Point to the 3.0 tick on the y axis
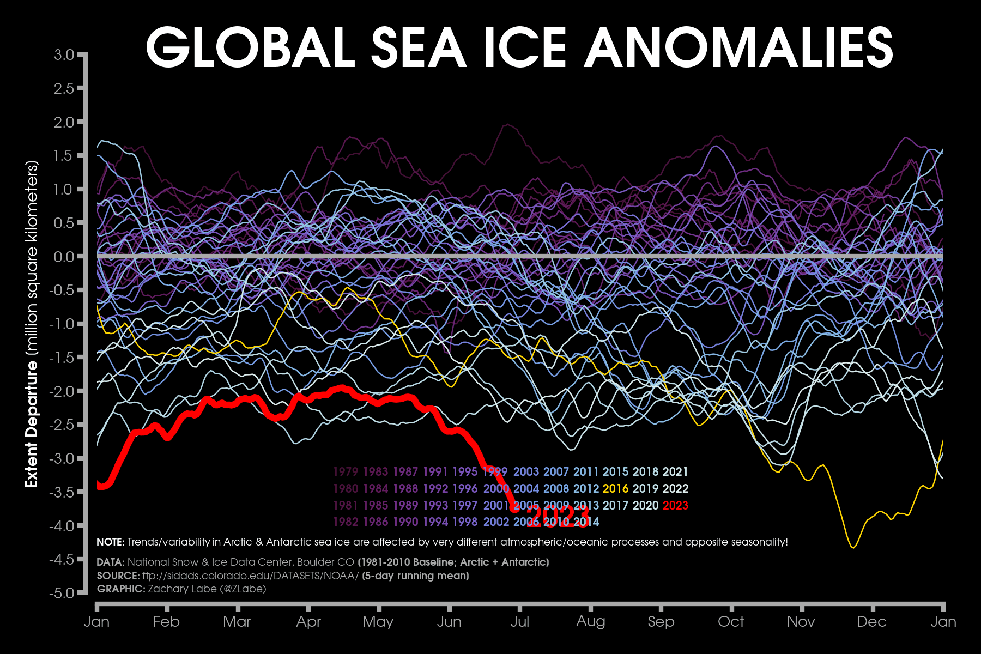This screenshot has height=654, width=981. [x=64, y=55]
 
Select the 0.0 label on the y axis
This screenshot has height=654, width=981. [x=64, y=257]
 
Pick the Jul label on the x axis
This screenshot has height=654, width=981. [x=519, y=622]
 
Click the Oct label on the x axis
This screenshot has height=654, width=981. [x=731, y=622]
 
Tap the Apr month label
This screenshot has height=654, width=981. [x=308, y=622]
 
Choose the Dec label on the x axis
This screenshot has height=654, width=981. [x=871, y=622]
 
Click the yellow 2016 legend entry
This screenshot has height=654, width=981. [x=615, y=489]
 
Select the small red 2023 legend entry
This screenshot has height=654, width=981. [x=675, y=506]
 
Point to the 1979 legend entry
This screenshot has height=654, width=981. [x=346, y=472]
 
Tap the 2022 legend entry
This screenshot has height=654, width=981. [x=675, y=489]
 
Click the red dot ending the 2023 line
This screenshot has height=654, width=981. [x=514, y=509]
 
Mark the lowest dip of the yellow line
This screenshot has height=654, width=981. [x=853, y=547]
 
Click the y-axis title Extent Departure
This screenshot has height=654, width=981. [x=32, y=425]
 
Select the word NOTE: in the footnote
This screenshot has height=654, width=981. [x=111, y=542]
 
